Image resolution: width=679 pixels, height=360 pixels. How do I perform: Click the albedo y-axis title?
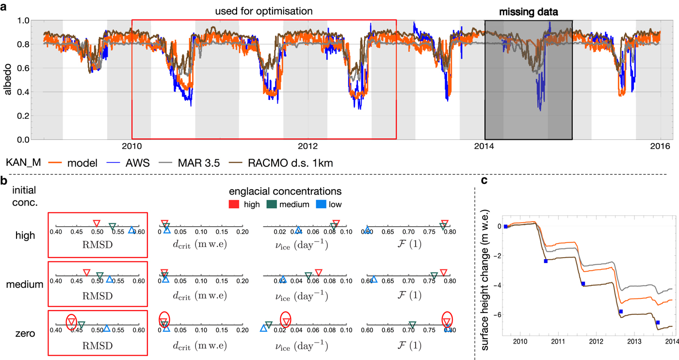pos(8,80)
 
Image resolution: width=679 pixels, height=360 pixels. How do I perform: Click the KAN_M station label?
pos(19,163)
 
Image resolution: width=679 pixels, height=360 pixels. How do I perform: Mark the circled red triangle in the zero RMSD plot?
pos(71,321)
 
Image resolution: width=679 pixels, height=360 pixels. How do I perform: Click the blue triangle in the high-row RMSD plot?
pos(131,230)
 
